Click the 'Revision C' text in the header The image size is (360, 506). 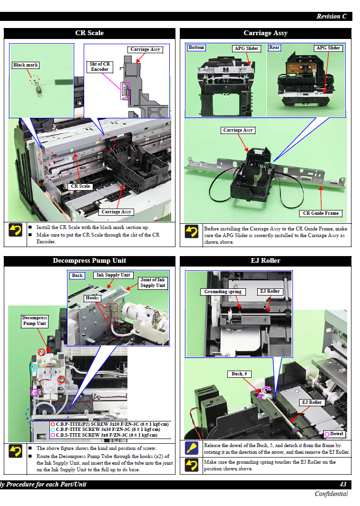331,16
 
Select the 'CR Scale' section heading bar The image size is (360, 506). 89,33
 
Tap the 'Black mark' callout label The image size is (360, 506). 26,65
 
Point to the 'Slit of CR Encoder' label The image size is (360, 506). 100,67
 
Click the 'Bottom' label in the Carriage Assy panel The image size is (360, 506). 196,48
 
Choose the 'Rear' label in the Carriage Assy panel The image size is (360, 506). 274,48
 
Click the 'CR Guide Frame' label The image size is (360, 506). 321,213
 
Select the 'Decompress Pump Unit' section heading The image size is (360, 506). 89,261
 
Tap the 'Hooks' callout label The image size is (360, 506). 92,298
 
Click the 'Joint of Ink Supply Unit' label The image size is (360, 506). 153,283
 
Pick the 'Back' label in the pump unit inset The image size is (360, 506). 77,276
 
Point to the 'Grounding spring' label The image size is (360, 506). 223,292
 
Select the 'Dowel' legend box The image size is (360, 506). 334,434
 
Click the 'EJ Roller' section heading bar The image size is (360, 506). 265,261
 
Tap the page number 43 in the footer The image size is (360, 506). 343,485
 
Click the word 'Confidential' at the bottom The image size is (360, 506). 331,494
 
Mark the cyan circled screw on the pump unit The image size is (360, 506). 34,368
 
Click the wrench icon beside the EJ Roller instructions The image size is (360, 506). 192,449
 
